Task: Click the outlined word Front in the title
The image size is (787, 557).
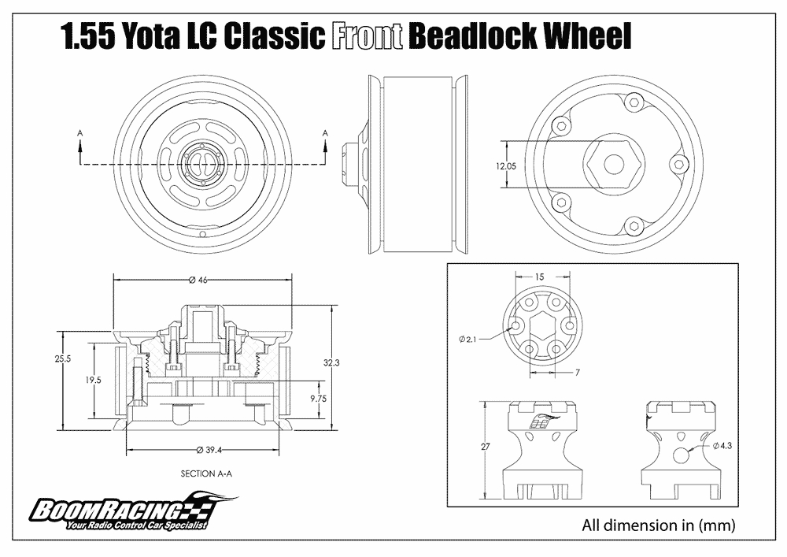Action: (x=369, y=35)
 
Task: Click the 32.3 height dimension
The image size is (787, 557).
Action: (x=332, y=363)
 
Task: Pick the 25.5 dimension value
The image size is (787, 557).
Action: (x=62, y=358)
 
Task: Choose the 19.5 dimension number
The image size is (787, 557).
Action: (x=94, y=379)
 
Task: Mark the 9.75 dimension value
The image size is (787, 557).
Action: (x=318, y=399)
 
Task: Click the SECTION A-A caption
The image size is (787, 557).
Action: (x=207, y=474)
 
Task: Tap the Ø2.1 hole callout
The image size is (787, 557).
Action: (x=468, y=339)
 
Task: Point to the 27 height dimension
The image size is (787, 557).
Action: (x=485, y=447)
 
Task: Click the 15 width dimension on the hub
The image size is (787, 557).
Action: (x=539, y=277)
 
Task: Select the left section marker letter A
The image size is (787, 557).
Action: (x=80, y=134)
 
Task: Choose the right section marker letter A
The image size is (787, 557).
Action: (x=325, y=134)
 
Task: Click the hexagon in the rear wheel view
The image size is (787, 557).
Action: (x=613, y=163)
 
